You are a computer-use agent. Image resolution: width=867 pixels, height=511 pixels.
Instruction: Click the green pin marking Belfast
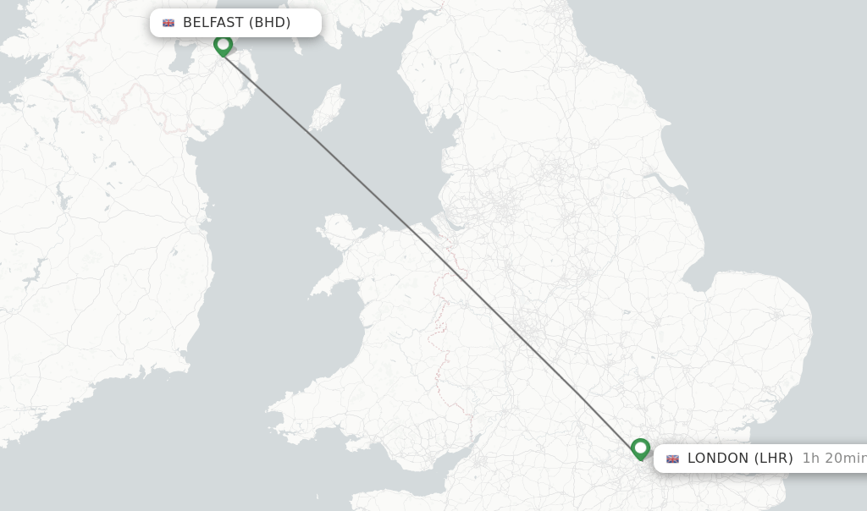[223, 44]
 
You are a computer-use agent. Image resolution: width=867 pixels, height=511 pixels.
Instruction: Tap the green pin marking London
[640, 448]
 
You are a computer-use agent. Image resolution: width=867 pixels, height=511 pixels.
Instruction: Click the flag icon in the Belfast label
[168, 23]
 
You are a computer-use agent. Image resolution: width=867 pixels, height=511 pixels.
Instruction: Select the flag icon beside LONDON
[672, 459]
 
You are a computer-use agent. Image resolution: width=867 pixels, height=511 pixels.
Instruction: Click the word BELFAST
[213, 23]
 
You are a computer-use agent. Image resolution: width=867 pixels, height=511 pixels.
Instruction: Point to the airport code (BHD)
[270, 23]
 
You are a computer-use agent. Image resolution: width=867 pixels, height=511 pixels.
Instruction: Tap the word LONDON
[718, 459]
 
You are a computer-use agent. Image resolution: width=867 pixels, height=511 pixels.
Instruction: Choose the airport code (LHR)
[773, 459]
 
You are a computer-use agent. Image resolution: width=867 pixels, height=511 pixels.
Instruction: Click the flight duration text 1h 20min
[833, 459]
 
